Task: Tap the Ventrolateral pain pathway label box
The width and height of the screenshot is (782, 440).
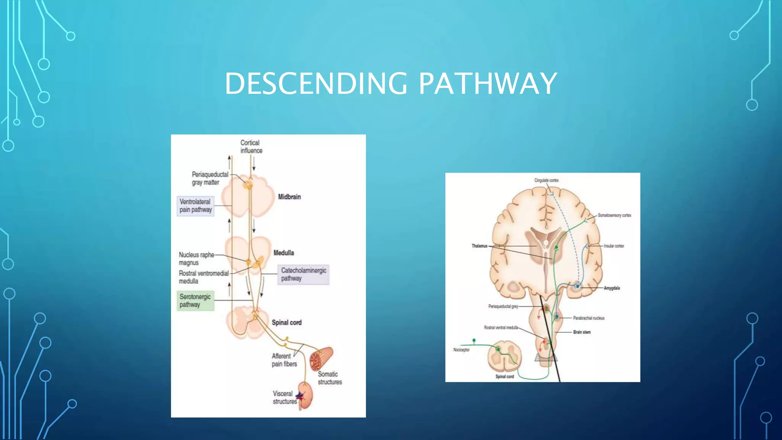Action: coord(195,206)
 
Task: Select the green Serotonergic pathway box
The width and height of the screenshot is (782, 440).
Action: coord(195,301)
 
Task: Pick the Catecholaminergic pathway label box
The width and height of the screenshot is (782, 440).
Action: coord(304,274)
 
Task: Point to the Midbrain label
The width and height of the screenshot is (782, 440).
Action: coord(289,197)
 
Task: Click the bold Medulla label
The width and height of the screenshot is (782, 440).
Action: coord(283,253)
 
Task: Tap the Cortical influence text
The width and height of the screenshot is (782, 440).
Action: coord(251,147)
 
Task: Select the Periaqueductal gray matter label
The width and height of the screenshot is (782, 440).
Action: coord(210,178)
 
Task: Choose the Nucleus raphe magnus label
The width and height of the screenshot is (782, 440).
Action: coord(196,259)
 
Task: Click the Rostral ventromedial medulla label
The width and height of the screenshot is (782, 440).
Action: coord(204,277)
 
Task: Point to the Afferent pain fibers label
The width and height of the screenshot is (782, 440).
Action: coord(284,360)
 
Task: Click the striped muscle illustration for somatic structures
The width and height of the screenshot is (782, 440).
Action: coord(321,358)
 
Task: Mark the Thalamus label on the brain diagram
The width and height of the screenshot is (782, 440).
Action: coord(479,246)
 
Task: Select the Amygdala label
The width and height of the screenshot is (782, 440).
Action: coord(611,288)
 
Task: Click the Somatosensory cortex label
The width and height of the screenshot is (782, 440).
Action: coord(614,215)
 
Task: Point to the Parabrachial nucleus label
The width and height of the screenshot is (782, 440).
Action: coord(588,318)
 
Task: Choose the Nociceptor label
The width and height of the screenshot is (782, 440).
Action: coord(461,350)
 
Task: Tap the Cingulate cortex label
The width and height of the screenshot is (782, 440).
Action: coord(546,180)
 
